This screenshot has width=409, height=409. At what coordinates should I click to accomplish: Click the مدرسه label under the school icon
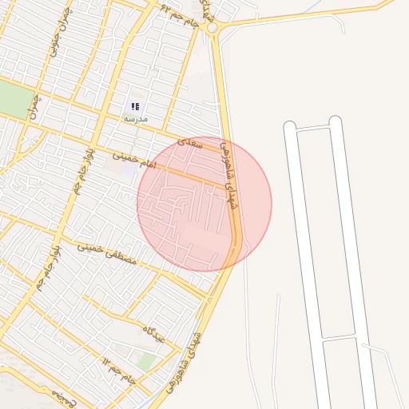(135, 118)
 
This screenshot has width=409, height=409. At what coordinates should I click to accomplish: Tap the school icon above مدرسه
(135, 106)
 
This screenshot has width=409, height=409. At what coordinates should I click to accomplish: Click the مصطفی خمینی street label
(107, 254)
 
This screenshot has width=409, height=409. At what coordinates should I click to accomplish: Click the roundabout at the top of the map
(212, 28)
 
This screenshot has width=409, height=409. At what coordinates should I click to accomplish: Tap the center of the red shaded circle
(204, 204)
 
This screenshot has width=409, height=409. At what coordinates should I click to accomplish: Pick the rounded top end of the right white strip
(336, 121)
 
